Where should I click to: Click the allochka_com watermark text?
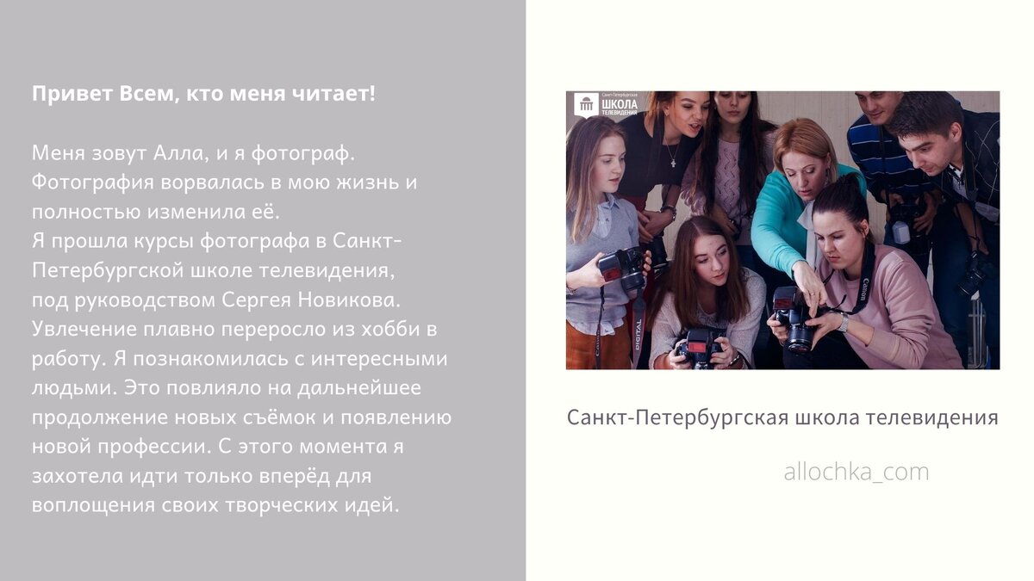[856, 472]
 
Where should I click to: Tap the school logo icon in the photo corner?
[587, 105]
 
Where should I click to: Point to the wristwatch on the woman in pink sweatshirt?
[843, 322]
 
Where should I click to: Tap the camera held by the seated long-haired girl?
[700, 344]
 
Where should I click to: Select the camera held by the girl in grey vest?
[622, 269]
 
